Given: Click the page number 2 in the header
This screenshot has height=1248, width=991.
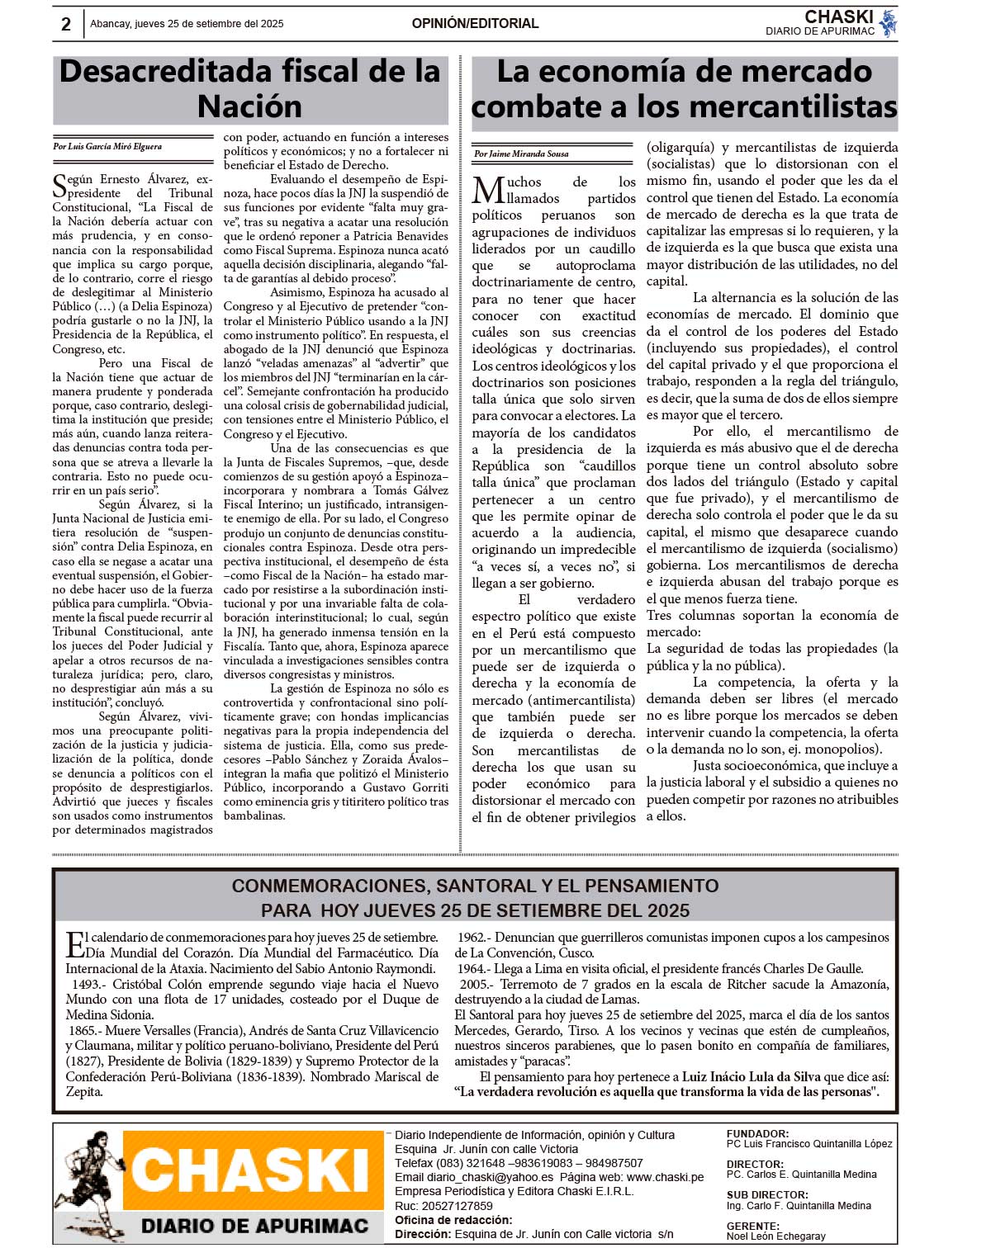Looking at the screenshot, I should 66,24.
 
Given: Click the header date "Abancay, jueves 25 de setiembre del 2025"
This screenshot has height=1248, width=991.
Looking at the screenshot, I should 187,24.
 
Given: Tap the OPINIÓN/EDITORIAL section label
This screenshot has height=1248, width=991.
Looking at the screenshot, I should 475,24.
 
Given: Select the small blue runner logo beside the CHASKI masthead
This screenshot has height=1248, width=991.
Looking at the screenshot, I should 888,23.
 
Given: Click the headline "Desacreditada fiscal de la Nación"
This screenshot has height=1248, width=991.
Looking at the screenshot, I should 250,89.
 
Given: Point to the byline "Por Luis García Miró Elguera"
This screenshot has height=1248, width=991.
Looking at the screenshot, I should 107,147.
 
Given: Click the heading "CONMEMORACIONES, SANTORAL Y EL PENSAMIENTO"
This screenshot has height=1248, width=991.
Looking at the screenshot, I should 475,886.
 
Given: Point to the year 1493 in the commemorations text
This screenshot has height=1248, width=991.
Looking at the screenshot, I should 86,984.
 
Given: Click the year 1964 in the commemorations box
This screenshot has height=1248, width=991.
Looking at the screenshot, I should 472,968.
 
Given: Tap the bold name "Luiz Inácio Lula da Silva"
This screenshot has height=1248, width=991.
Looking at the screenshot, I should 751,1076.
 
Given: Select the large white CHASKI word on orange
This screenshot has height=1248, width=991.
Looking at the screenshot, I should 249,1170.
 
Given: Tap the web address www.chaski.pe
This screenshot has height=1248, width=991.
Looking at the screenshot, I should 665,1177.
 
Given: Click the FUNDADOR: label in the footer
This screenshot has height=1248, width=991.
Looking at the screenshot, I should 757,1134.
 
